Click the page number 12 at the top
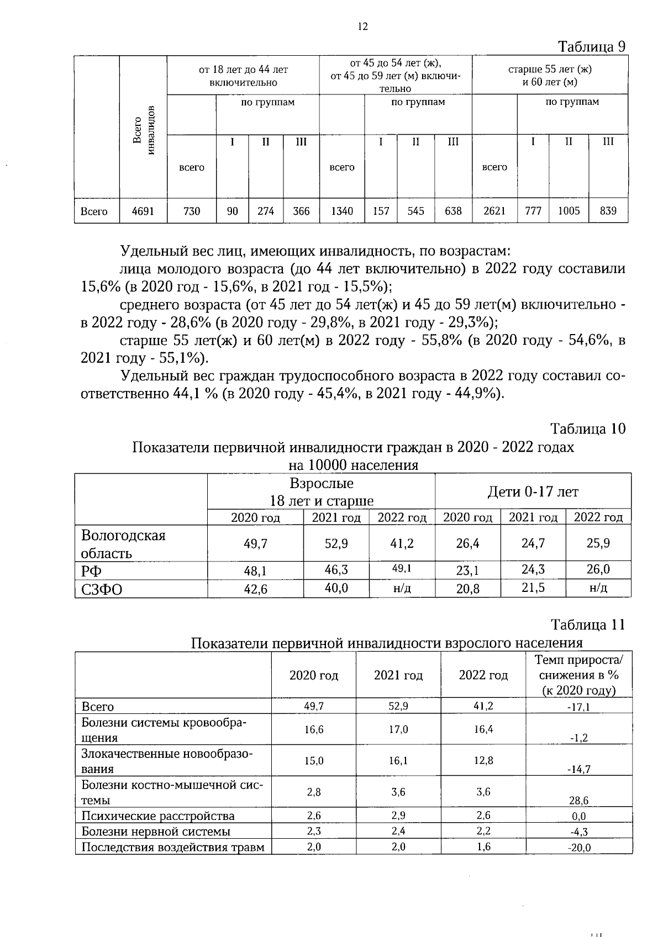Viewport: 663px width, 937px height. tap(362, 26)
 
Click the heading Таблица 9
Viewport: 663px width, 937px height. tap(592, 46)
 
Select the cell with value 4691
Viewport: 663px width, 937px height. tap(143, 211)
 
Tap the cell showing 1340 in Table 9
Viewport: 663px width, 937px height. tap(341, 211)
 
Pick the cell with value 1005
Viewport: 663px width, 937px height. tap(569, 211)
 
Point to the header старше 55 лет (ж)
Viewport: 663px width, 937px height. tap(550, 70)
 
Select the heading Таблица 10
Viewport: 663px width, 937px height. tap(588, 428)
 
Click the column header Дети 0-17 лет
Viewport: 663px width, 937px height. tap(533, 491)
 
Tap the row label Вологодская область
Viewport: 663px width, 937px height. tap(123, 544)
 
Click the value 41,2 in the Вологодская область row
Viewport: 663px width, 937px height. tap(402, 544)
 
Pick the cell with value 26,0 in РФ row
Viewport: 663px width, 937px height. tap(598, 569)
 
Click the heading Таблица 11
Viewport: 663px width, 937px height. tap(588, 624)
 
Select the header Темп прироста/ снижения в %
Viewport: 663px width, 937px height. tap(578, 667)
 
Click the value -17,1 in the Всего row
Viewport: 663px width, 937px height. tap(578, 707)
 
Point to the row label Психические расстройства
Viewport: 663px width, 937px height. tap(158, 816)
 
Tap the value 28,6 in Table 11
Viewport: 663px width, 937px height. tap(578, 801)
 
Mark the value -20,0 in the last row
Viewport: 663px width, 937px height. tap(578, 848)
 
